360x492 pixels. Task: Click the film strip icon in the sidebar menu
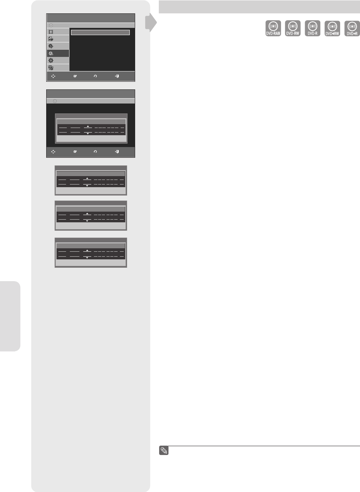click(51, 31)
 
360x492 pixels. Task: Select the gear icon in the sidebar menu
click(51, 61)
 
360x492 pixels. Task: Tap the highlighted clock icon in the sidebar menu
click(51, 53)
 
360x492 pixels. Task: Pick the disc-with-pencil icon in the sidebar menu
click(51, 46)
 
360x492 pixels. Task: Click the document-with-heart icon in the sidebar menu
click(51, 39)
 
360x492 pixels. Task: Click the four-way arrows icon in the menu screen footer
click(53, 76)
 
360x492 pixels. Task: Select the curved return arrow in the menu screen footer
click(95, 76)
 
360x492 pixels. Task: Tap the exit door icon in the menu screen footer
click(117, 76)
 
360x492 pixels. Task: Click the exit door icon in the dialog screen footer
click(117, 152)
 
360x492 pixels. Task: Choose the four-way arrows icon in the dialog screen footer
click(53, 152)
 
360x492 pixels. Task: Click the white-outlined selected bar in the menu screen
click(100, 32)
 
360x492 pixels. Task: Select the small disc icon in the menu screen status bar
click(51, 25)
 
